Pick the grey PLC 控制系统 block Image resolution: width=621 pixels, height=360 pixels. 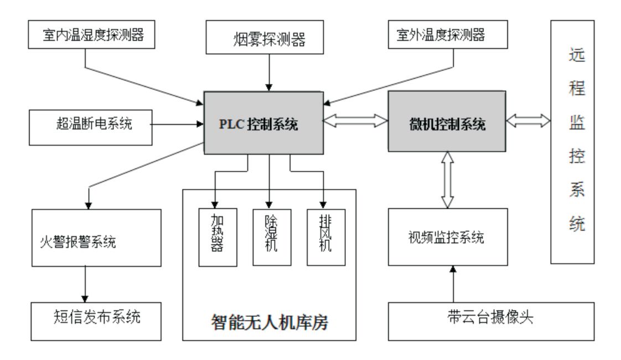coord(263,123)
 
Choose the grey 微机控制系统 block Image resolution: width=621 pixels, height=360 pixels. coord(446,123)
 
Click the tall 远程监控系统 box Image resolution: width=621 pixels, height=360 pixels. coord(572,142)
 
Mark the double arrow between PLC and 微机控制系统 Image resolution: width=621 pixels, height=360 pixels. coord(355,121)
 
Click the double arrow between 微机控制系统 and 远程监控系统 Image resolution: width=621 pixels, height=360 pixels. coord(529,121)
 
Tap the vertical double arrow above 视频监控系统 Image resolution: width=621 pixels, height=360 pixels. coord(447,180)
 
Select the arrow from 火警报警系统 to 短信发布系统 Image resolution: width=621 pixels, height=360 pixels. coord(86,284)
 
